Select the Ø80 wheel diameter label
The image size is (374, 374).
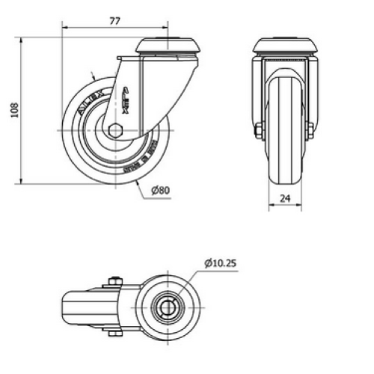pos(161,191)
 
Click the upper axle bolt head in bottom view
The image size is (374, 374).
pos(114,281)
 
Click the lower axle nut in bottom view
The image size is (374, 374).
pos(114,332)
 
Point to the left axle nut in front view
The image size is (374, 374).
pos(259,130)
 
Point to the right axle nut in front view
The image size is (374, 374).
pos(308,130)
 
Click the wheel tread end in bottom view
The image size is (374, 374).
pos(65,306)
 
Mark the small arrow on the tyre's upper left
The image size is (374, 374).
pos(91,76)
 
